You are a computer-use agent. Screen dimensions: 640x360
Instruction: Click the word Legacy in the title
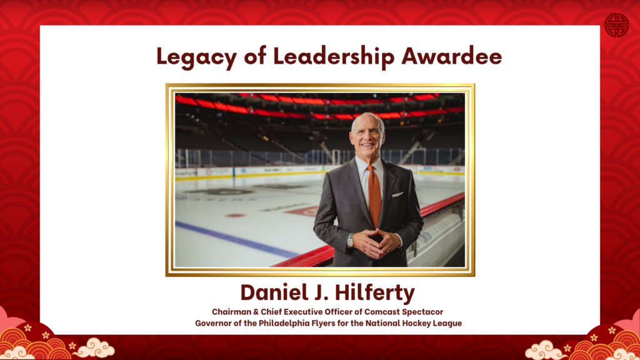click(x=197, y=57)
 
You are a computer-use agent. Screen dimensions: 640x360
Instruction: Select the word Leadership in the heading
click(x=334, y=56)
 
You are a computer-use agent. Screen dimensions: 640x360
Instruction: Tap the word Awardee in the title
click(x=452, y=56)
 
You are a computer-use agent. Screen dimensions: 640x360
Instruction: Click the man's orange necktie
click(x=374, y=196)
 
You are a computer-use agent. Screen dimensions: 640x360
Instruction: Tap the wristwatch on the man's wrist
click(x=350, y=241)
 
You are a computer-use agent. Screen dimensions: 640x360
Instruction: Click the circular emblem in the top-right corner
click(x=616, y=25)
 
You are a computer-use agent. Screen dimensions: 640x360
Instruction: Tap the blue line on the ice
click(x=237, y=240)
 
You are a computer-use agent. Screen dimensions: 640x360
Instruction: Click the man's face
click(x=367, y=137)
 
